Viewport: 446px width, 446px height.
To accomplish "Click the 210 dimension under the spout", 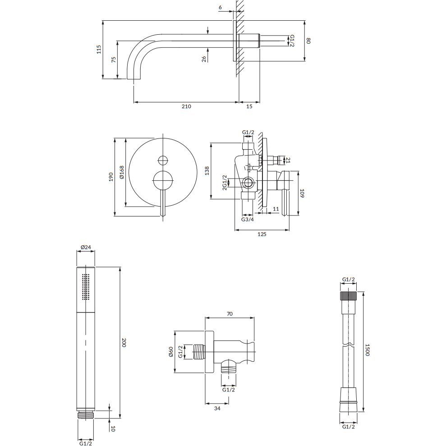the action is [x=186, y=107].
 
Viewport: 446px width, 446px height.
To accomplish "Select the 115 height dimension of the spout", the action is [x=99, y=49].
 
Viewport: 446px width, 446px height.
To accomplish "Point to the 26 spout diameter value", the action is [x=204, y=59].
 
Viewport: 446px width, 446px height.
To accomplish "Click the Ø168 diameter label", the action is [x=122, y=172].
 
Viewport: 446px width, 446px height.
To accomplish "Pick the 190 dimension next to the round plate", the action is [x=111, y=177].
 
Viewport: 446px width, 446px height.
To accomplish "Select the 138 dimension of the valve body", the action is [x=207, y=170].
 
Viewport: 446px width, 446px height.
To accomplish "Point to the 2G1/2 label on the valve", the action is [x=225, y=183].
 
